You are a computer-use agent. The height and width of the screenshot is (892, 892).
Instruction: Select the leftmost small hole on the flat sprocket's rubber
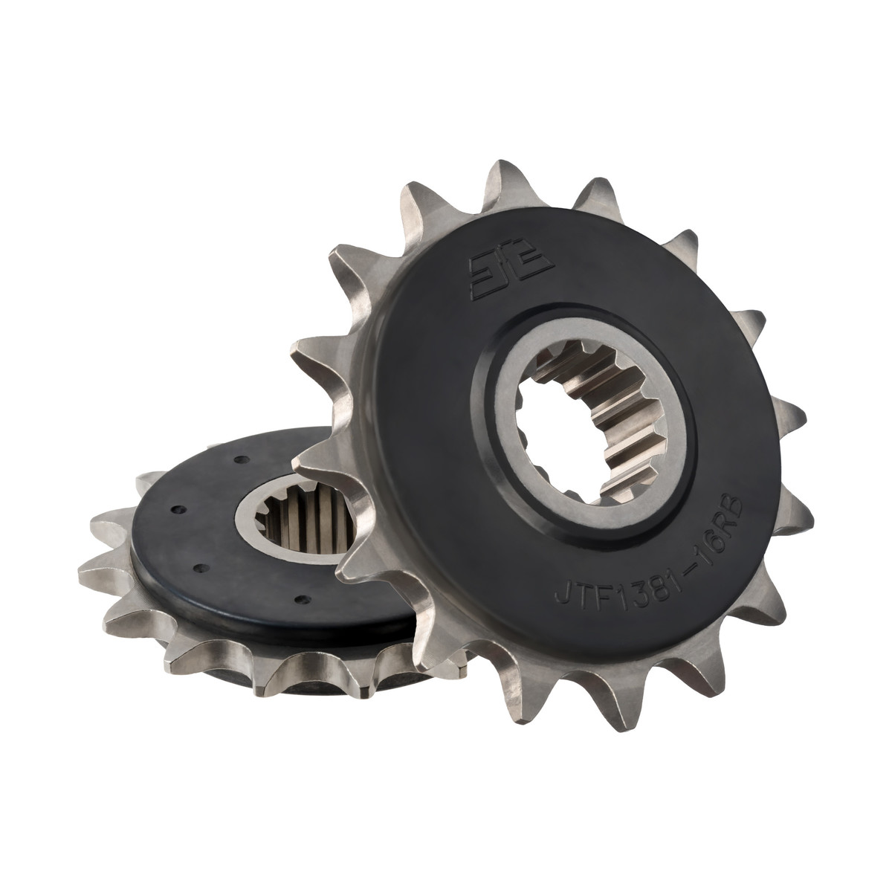click(175, 509)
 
